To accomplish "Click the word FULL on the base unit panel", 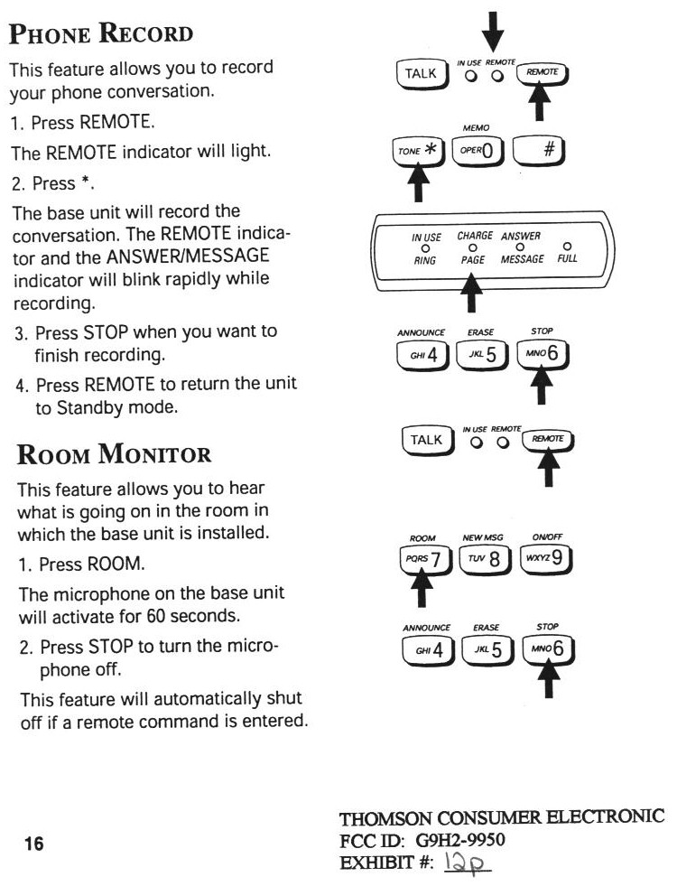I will pyautogui.click(x=567, y=258).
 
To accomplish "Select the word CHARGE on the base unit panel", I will pyautogui.click(x=475, y=236).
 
